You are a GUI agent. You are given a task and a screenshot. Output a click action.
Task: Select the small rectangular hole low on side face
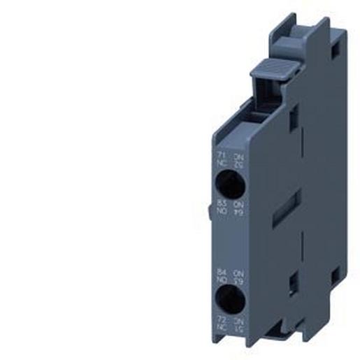click(294, 282)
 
